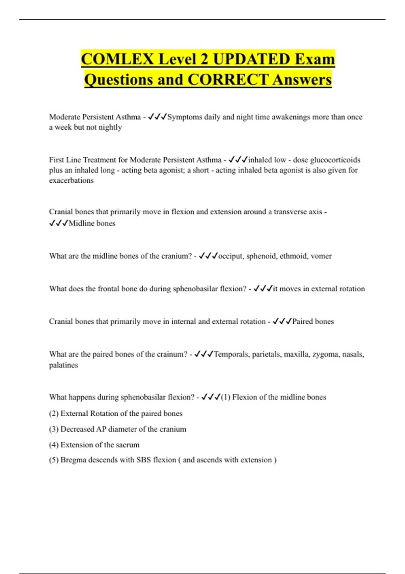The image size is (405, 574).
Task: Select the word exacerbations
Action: [71, 180]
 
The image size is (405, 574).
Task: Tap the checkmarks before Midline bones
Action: [58, 223]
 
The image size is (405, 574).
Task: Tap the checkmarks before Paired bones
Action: [282, 321]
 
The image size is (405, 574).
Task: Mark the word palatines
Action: [63, 365]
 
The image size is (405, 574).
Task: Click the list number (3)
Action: [54, 429]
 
